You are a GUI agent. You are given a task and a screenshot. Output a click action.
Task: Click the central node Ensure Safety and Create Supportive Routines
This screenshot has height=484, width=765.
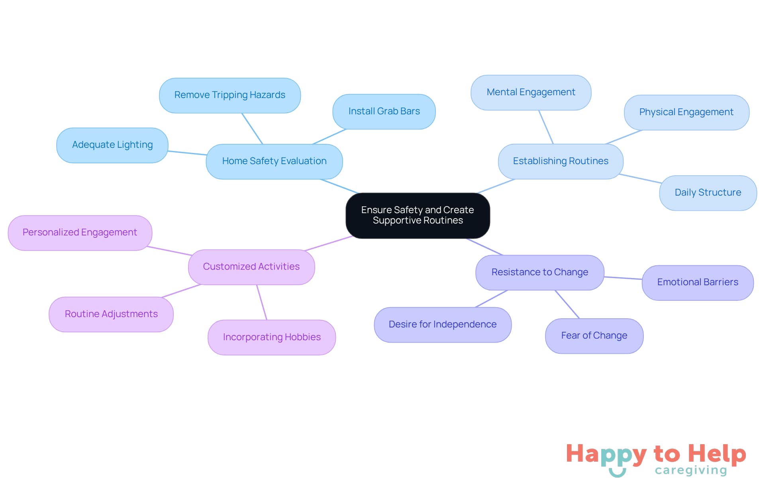click(x=418, y=216)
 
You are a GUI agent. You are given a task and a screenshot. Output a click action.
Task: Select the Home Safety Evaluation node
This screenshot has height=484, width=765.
click(x=274, y=161)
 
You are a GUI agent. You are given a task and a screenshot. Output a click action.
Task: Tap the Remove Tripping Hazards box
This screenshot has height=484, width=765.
click(x=229, y=95)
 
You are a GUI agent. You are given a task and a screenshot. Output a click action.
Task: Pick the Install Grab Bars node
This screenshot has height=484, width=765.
click(x=384, y=112)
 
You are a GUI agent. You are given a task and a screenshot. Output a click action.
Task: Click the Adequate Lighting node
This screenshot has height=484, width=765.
click(x=112, y=145)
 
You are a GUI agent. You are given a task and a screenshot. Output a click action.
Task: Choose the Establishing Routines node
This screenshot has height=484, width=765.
click(x=560, y=161)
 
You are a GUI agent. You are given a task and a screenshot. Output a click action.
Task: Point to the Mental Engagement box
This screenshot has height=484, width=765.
click(x=531, y=92)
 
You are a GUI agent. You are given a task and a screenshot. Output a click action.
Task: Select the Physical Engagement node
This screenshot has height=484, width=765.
click(x=686, y=112)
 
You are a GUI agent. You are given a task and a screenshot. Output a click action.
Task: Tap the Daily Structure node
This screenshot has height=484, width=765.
click(x=708, y=193)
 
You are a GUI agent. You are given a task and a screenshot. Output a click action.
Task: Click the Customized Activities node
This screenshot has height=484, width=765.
click(x=251, y=267)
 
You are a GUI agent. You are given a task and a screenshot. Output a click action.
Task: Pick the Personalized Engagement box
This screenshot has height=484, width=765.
click(x=80, y=233)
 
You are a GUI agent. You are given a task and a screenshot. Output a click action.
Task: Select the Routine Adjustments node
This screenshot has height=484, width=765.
click(x=111, y=314)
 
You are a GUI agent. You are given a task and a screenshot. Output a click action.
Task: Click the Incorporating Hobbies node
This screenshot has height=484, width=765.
click(x=271, y=337)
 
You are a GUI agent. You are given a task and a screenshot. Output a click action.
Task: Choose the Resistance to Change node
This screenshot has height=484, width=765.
click(x=539, y=272)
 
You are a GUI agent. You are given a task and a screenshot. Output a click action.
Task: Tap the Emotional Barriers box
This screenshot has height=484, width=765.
click(x=697, y=282)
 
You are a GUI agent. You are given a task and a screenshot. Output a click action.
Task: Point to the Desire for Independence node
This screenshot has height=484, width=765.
click(x=442, y=325)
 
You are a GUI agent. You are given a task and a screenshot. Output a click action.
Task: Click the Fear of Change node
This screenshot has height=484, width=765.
click(x=594, y=336)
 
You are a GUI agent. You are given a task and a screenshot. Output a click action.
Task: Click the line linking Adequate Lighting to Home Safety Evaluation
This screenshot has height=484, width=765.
click(x=187, y=153)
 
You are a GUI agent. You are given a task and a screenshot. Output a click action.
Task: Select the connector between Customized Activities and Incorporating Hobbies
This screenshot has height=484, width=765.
click(x=262, y=302)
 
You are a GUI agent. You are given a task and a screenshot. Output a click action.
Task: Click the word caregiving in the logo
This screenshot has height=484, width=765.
click(x=690, y=470)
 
